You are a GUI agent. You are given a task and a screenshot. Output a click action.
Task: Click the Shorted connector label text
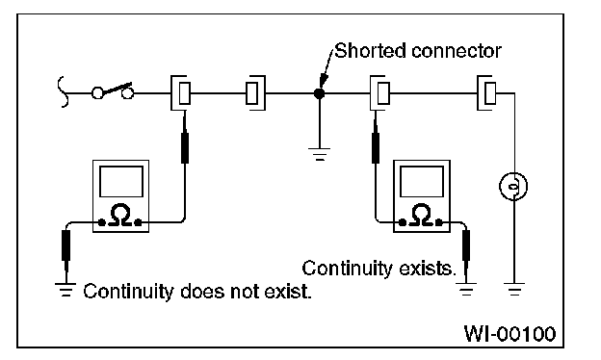418,51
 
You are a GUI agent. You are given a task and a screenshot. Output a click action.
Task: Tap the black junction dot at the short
319,93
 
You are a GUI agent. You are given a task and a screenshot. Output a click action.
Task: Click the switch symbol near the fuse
113,91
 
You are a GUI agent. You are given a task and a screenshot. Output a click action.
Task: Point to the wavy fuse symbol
63,91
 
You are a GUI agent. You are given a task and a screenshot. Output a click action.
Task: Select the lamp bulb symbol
513,187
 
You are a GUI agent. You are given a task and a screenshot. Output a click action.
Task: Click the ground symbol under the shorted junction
320,154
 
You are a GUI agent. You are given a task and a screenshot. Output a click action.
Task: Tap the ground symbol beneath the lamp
514,289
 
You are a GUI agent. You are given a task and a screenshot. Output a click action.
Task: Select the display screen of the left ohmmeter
121,182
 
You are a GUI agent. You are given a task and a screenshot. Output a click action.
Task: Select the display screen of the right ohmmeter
422,182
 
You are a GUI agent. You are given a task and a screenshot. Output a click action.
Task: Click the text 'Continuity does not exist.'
197,292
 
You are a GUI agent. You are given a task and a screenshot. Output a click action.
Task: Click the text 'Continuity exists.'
379,269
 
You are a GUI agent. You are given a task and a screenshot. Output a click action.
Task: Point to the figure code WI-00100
510,334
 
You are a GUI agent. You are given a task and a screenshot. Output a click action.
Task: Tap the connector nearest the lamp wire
486,93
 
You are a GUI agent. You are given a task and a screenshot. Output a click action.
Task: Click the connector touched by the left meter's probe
181,93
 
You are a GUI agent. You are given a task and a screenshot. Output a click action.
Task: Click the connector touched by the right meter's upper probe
380,93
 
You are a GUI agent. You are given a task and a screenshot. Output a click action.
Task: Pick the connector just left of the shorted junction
255,93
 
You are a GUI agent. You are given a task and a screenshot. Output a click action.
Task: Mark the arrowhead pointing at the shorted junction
323,81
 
